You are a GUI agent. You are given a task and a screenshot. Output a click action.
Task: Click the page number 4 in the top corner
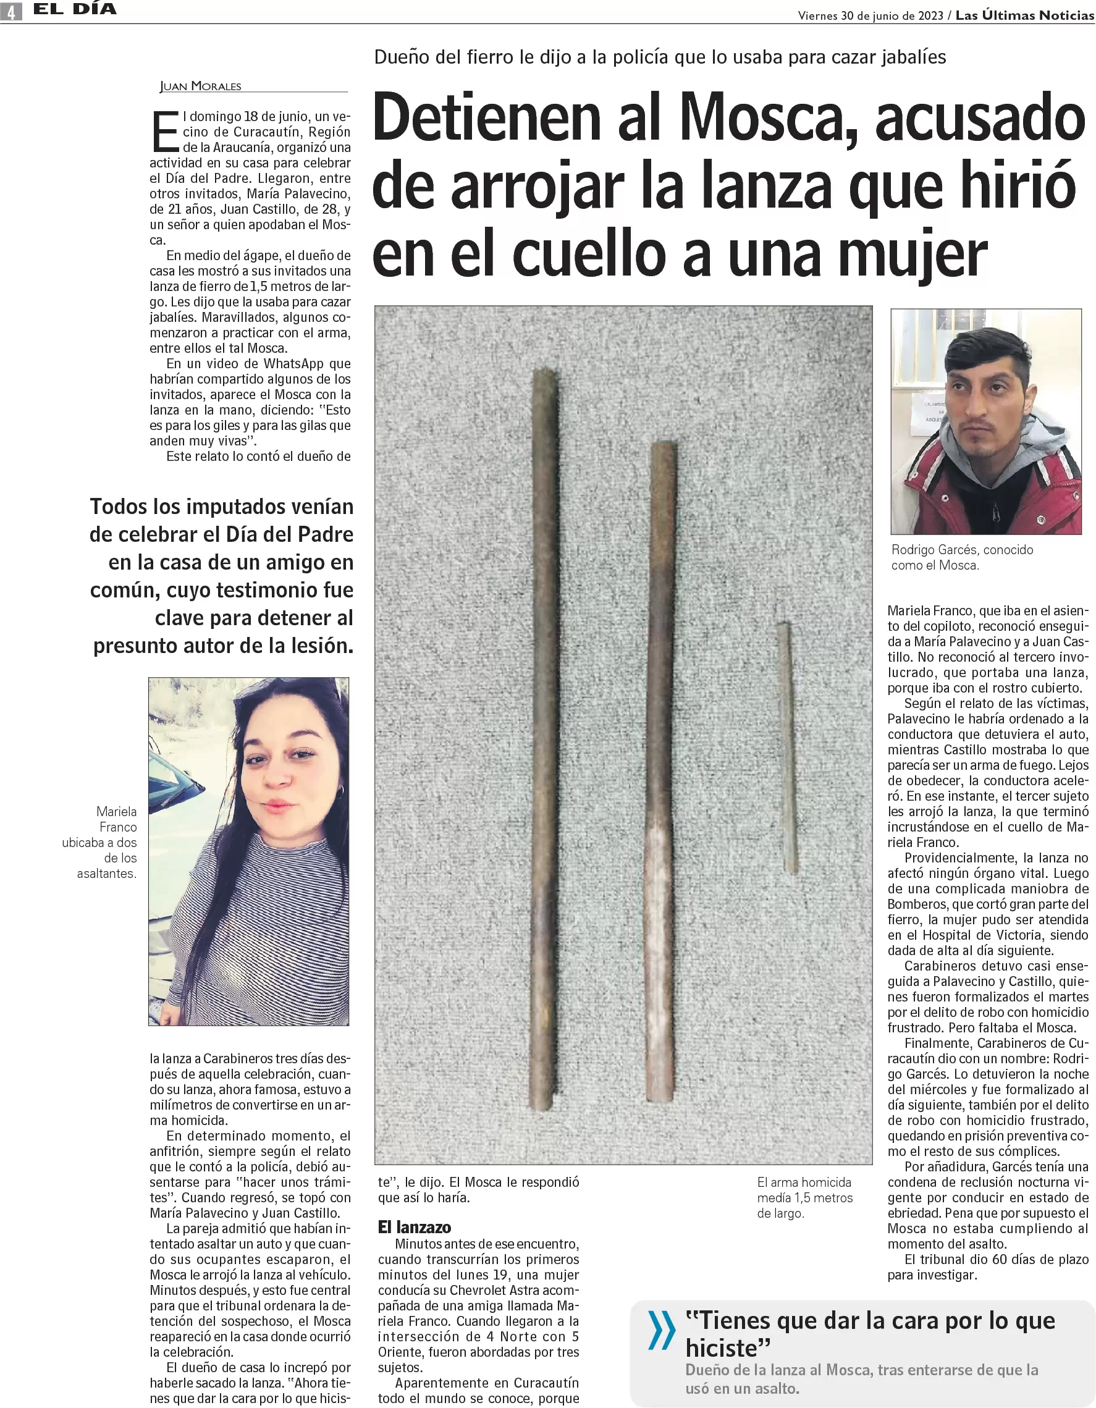(x=11, y=12)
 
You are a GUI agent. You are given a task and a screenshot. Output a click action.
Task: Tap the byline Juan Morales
(x=201, y=86)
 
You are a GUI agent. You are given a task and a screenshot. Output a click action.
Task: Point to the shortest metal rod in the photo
(x=787, y=748)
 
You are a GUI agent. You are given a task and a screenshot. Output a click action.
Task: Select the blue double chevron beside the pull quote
(x=661, y=1331)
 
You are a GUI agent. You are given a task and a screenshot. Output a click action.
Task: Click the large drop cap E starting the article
(x=165, y=132)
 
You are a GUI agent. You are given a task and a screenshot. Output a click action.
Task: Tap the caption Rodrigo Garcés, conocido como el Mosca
(x=961, y=558)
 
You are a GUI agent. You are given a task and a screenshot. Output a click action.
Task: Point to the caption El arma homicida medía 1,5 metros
(x=804, y=1198)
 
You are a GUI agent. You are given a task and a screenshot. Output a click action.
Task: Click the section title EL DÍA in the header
(x=75, y=10)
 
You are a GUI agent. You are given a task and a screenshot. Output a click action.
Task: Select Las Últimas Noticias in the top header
(x=1024, y=15)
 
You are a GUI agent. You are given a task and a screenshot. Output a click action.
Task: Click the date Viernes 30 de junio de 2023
(x=870, y=16)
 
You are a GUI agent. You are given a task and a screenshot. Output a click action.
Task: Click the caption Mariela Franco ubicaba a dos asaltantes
(x=107, y=842)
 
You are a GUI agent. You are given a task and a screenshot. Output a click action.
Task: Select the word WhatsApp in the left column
(x=293, y=364)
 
